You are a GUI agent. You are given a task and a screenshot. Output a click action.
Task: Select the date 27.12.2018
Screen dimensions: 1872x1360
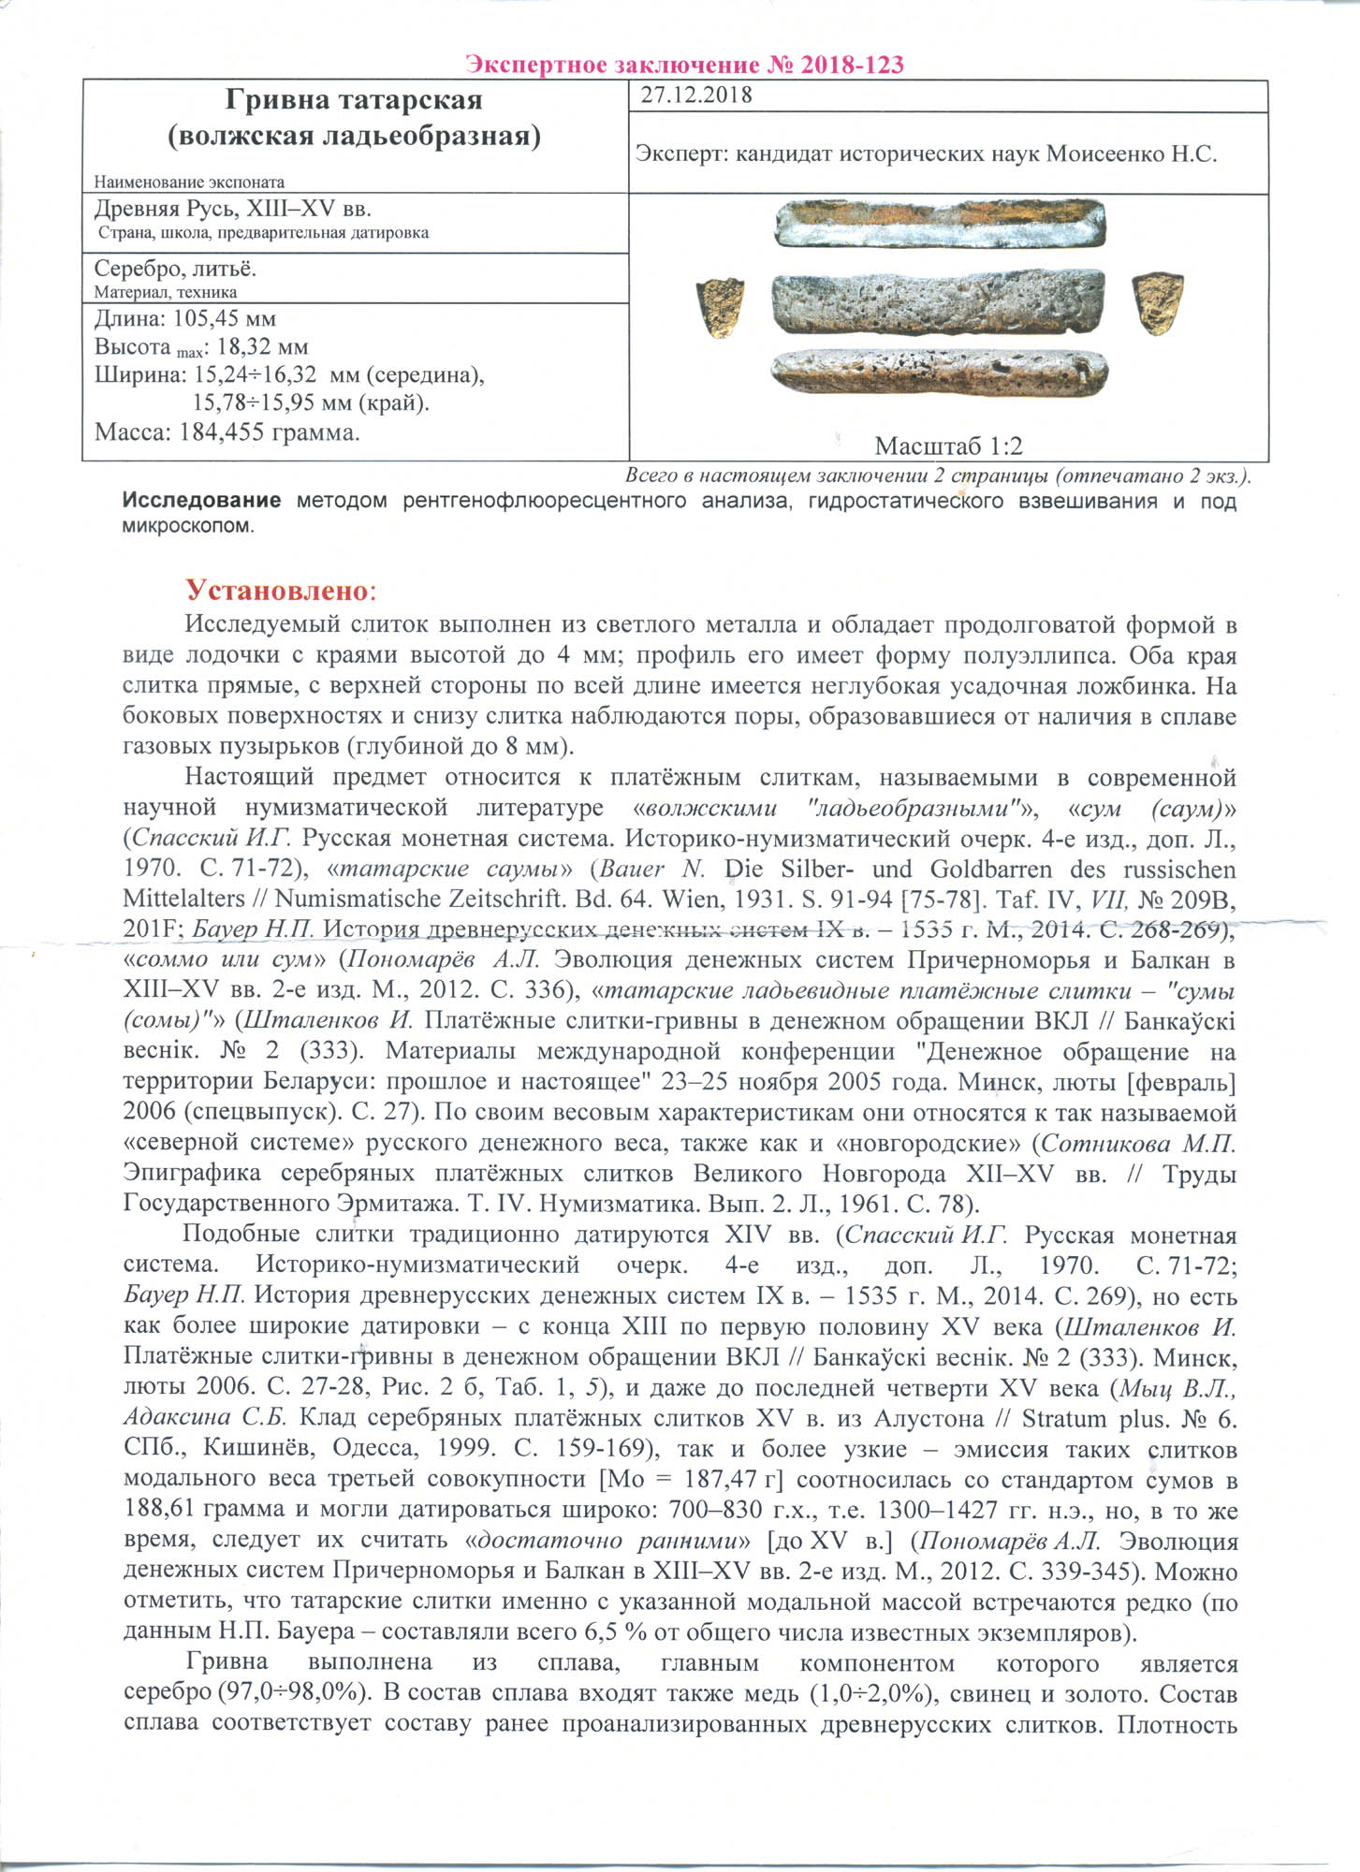(x=696, y=95)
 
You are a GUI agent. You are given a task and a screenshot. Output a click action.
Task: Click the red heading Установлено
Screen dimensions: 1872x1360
(x=278, y=591)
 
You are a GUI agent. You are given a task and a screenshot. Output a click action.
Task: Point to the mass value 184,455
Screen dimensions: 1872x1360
(x=222, y=432)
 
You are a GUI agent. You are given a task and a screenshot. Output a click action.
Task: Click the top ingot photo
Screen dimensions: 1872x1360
(x=940, y=225)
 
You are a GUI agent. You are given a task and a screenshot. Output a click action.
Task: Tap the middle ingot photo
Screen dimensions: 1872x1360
(x=938, y=303)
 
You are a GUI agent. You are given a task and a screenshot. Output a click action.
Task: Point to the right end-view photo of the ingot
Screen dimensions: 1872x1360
(x=1157, y=303)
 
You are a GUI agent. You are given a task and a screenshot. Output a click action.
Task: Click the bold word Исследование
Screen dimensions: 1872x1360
(x=201, y=501)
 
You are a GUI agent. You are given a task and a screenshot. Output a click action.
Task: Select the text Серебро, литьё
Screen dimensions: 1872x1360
(x=175, y=270)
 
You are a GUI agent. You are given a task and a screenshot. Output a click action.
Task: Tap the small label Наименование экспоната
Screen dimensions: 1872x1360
(x=189, y=183)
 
